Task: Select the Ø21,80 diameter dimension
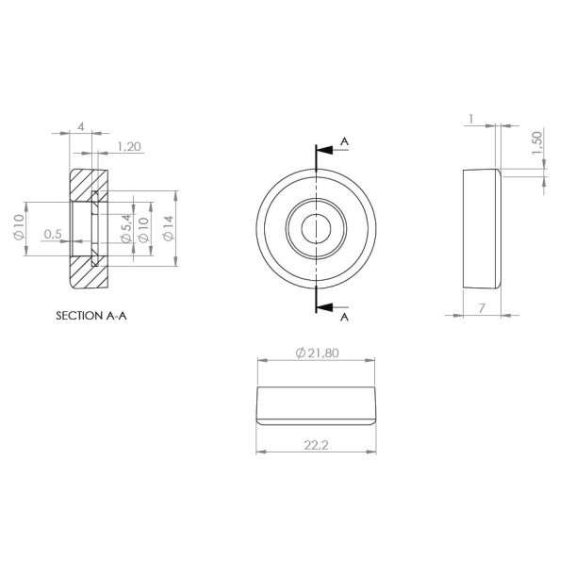point(319,352)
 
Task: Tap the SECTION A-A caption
point(91,317)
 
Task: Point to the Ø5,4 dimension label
point(125,228)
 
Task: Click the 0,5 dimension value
point(52,233)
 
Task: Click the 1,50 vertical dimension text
point(536,144)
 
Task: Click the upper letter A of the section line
point(345,141)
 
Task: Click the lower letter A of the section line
point(345,318)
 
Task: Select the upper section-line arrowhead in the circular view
point(325,150)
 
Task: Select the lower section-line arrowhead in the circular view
point(325,307)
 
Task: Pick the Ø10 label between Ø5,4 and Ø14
point(143,229)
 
